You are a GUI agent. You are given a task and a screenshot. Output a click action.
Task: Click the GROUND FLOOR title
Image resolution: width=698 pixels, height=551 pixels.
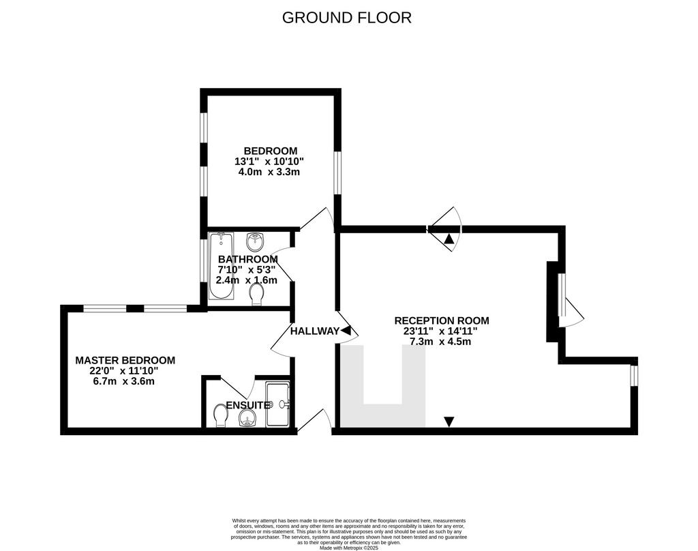pyautogui.click(x=347, y=18)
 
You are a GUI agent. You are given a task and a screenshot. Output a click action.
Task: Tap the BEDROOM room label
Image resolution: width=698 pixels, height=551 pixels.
pyautogui.click(x=270, y=151)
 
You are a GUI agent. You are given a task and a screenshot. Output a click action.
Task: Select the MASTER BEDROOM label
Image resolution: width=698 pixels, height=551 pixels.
pyautogui.click(x=125, y=360)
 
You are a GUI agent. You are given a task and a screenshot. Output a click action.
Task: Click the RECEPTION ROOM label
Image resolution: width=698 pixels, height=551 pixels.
pyautogui.click(x=442, y=321)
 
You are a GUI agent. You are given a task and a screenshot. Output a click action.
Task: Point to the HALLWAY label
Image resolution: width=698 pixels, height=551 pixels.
pyautogui.click(x=315, y=331)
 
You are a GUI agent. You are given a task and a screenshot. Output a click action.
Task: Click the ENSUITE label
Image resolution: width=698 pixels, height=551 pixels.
pyautogui.click(x=248, y=405)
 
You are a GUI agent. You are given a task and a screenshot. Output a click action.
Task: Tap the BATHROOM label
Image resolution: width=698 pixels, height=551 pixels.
pyautogui.click(x=248, y=259)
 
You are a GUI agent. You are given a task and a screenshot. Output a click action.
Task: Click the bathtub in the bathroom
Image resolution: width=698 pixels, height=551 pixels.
pyautogui.click(x=222, y=265)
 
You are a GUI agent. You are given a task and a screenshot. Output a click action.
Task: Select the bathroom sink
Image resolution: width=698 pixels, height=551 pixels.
pyautogui.click(x=255, y=242)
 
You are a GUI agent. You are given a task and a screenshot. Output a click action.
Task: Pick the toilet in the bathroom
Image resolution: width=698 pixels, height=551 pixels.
pyautogui.click(x=256, y=295)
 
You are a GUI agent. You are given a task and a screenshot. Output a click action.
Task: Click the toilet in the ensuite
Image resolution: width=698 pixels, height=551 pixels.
pyautogui.click(x=220, y=415)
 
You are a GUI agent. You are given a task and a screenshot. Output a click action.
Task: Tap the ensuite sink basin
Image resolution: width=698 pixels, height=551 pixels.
pyautogui.click(x=247, y=418)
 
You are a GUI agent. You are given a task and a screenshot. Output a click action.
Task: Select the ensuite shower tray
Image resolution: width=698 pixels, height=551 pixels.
pyautogui.click(x=278, y=404)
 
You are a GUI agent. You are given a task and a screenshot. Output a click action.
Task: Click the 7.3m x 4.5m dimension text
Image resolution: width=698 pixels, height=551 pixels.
pyautogui.click(x=440, y=342)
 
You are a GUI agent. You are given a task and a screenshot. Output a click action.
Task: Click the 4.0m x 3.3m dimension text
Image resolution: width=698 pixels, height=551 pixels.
pyautogui.click(x=269, y=172)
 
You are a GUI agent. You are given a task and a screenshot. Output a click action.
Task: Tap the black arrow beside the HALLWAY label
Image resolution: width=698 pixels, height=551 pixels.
pyautogui.click(x=346, y=331)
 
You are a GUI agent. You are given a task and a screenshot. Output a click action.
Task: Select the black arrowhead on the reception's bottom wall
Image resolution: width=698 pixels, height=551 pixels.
pyautogui.click(x=449, y=421)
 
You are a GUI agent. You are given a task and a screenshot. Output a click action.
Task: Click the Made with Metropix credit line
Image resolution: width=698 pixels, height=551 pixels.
pyautogui.click(x=349, y=548)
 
